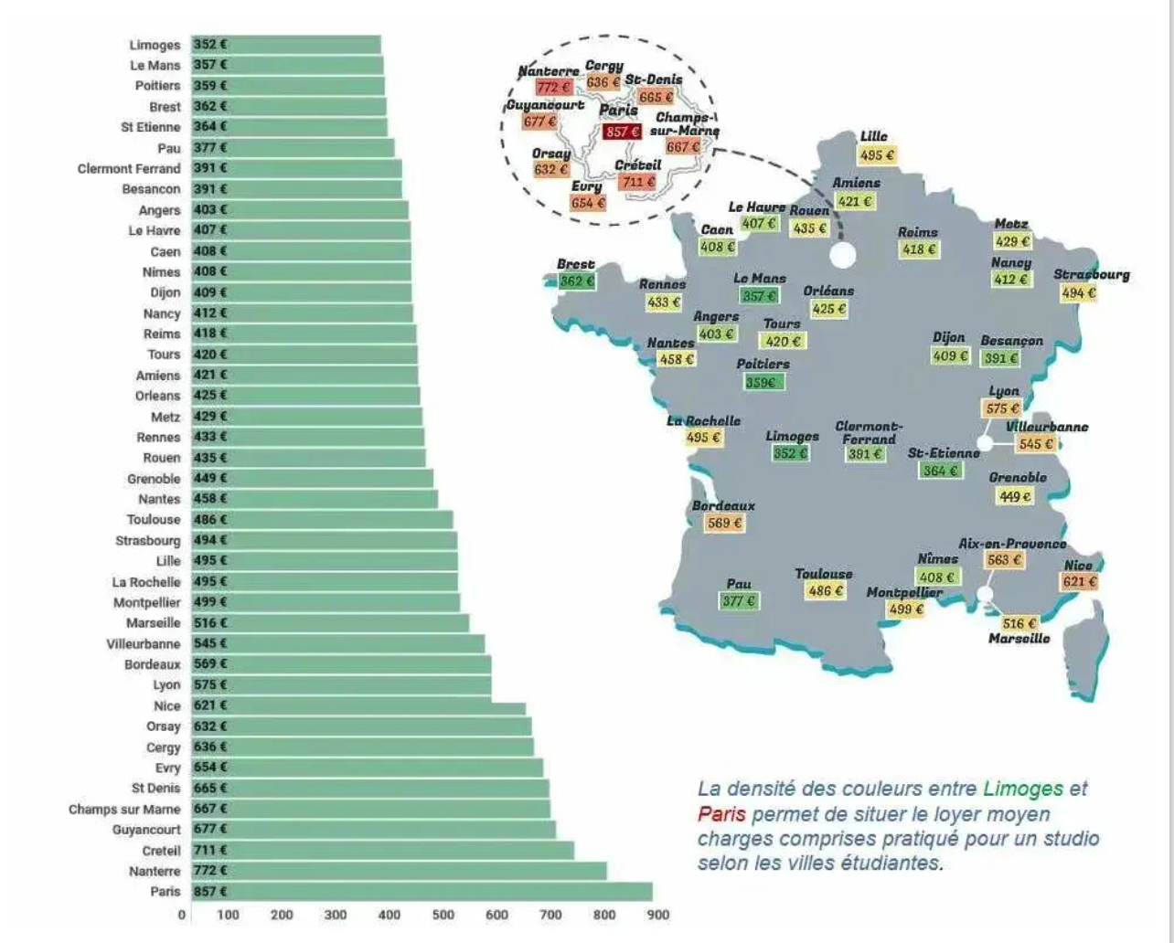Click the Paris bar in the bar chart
tap(421, 892)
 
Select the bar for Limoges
tap(285, 45)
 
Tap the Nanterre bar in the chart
tap(399, 871)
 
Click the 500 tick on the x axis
tap(443, 915)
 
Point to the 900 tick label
tap(657, 915)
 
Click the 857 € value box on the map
tap(622, 132)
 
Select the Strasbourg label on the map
tap(1091, 274)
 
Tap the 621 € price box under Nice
tap(1079, 582)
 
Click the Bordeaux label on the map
tap(723, 505)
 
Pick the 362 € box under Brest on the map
tap(577, 281)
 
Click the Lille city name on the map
tap(873, 137)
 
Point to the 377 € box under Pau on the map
tap(739, 601)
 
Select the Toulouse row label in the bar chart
tap(154, 520)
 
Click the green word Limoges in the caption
tap(1023, 789)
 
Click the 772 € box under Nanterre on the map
tap(553, 88)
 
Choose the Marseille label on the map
tap(1019, 639)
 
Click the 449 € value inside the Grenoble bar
tap(210, 478)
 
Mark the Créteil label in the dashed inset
tap(637, 165)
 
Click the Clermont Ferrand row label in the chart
tap(129, 169)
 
